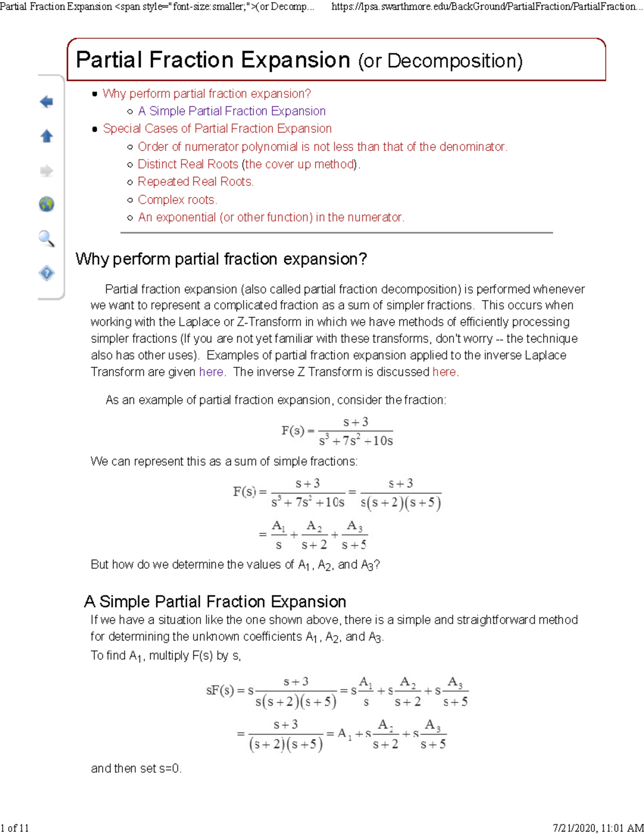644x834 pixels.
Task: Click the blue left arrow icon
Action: click(x=47, y=101)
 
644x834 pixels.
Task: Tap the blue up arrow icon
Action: click(x=47, y=136)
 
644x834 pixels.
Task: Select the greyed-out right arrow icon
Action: click(x=47, y=171)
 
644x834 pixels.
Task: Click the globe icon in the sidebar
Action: click(x=47, y=204)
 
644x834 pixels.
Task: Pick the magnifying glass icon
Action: click(x=47, y=238)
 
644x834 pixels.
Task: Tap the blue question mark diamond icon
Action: click(x=47, y=273)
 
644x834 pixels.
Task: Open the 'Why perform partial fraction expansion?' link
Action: click(x=207, y=93)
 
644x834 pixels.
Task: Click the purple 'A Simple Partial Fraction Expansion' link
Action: click(x=231, y=111)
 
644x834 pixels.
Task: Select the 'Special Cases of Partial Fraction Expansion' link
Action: click(x=217, y=129)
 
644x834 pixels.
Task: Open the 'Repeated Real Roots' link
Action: click(x=195, y=182)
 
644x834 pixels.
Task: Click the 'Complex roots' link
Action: click(x=177, y=200)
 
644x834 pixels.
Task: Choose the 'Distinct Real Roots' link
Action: click(x=188, y=164)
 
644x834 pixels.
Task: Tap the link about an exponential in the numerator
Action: click(x=270, y=217)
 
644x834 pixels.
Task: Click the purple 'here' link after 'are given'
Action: click(x=211, y=372)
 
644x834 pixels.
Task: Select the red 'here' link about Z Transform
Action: click(x=444, y=372)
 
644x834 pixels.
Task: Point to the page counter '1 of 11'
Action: click(x=15, y=828)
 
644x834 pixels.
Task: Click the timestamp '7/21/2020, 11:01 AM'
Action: click(x=598, y=828)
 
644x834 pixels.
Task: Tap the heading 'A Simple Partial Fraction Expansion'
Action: click(x=215, y=601)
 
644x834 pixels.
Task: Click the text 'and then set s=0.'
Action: click(x=136, y=768)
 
